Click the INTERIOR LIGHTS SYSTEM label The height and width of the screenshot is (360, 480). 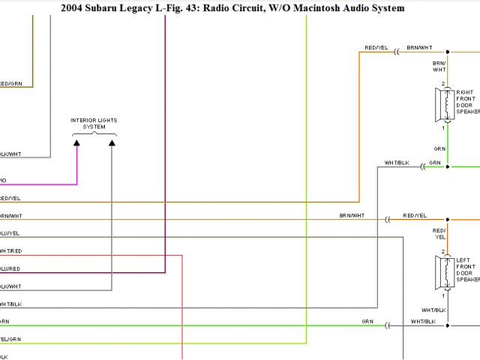click(94, 123)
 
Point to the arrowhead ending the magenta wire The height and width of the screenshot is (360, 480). click(77, 142)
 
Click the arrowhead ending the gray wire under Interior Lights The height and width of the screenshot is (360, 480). click(112, 142)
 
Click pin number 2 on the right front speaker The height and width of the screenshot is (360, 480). click(443, 83)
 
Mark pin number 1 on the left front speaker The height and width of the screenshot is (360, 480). click(443, 294)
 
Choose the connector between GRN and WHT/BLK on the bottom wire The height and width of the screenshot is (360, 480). click(388, 325)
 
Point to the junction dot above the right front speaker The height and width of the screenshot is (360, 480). click(448, 52)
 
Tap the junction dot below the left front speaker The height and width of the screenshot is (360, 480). click(448, 325)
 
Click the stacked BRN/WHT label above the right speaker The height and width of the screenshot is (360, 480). click(439, 67)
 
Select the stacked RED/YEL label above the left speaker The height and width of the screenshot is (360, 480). click(439, 233)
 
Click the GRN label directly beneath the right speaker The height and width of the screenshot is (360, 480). click(439, 148)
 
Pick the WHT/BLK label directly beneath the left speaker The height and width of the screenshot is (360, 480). click(433, 310)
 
